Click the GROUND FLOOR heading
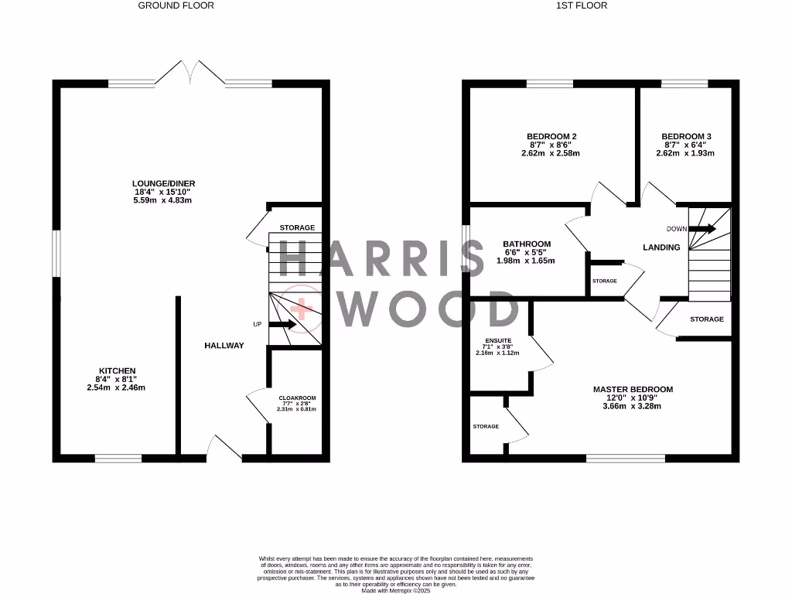176,5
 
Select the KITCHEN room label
117,371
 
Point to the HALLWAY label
224,346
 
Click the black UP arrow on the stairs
281,325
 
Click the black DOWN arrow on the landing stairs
702,229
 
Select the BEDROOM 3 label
686,137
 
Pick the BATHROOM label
527,244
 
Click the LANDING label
661,247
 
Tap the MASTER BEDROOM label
633,390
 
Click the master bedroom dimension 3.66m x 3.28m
633,406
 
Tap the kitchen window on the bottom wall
118,458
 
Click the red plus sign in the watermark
304,309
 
